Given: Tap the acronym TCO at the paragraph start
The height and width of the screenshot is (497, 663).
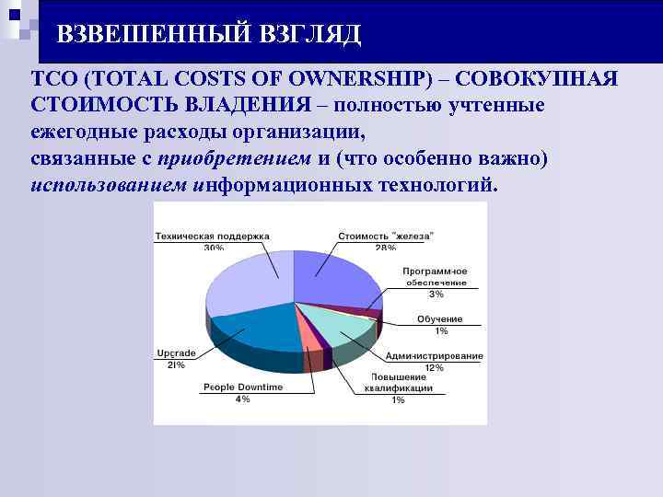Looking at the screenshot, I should click(52, 79).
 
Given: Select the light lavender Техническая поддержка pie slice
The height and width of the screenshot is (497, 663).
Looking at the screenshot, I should click(244, 285).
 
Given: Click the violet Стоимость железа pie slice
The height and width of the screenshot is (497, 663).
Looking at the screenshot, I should click(331, 276).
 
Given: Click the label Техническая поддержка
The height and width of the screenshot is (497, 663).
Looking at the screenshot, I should click(212, 236).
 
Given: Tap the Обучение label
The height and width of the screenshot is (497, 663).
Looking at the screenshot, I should click(439, 318).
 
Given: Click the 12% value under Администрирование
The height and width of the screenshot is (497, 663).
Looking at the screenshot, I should click(434, 367).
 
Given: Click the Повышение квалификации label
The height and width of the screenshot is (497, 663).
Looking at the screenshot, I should click(398, 383).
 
